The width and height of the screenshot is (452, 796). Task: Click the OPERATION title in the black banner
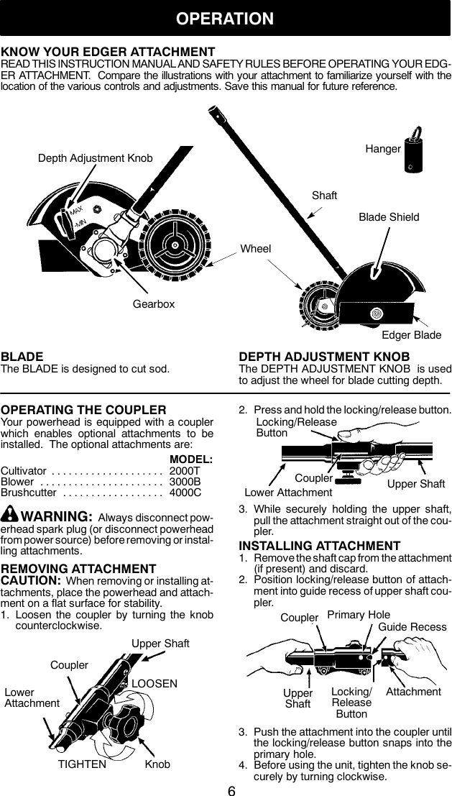coord(226,18)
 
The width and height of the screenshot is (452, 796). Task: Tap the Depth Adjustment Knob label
coord(95,157)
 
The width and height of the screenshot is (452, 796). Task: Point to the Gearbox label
coord(154,304)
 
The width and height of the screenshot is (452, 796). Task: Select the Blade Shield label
coord(389,217)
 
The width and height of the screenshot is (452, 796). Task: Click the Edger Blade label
coord(411,336)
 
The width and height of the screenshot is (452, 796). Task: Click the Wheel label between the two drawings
coord(256,249)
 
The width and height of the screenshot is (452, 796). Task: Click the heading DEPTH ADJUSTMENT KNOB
coord(324,357)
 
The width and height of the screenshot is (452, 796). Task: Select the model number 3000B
coord(185,481)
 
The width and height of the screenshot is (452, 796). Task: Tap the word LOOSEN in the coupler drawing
coord(154,683)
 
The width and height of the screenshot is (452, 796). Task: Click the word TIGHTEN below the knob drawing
coord(81,764)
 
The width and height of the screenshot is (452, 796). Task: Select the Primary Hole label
coord(359,615)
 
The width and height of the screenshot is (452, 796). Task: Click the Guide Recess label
coord(412,627)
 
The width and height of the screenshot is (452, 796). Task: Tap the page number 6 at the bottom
coord(231,790)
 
